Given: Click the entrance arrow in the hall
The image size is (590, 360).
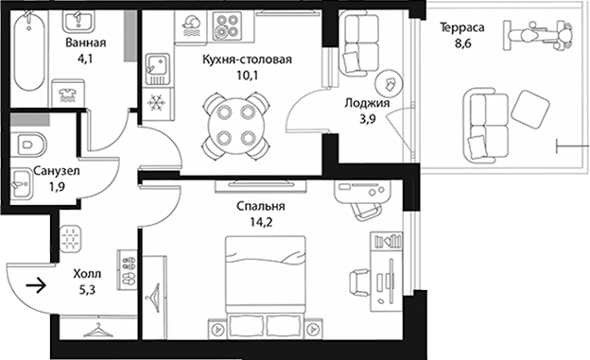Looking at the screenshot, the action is (x=36, y=285).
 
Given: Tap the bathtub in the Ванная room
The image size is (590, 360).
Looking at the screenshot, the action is (x=29, y=51).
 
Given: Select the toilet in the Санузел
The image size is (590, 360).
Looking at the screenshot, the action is (x=28, y=145).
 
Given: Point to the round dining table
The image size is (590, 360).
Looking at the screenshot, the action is (x=236, y=127).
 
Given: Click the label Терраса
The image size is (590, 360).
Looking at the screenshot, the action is (x=462, y=27).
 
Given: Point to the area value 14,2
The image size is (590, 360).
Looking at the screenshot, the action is (x=262, y=222).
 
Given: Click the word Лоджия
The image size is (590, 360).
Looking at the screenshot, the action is (x=368, y=103).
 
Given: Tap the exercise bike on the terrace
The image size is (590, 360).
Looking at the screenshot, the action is (x=538, y=36).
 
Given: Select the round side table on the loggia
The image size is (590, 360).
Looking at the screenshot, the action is (x=389, y=83).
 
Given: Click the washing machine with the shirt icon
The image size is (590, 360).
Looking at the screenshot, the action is (x=68, y=93).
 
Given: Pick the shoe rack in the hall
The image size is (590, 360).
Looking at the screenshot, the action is (x=127, y=269).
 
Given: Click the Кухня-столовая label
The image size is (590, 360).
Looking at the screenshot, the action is (x=247, y=60).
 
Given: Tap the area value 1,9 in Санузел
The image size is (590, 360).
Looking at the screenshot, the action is (x=57, y=187).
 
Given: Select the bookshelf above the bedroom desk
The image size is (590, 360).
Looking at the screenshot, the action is (x=387, y=241).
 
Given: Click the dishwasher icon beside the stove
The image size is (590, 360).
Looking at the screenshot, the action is (x=192, y=26).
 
